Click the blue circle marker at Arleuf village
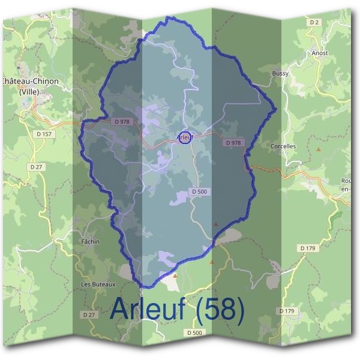(185, 137)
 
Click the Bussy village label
(280, 73)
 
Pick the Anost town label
(320, 53)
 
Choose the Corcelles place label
(283, 146)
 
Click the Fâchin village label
(90, 241)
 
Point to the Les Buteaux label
(98, 284)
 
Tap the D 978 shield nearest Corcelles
(233, 143)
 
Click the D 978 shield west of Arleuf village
(121, 121)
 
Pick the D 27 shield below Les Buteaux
(88, 314)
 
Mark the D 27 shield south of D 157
(36, 166)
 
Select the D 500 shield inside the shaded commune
(200, 191)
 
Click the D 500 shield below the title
(195, 332)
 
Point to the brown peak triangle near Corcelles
(319, 148)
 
